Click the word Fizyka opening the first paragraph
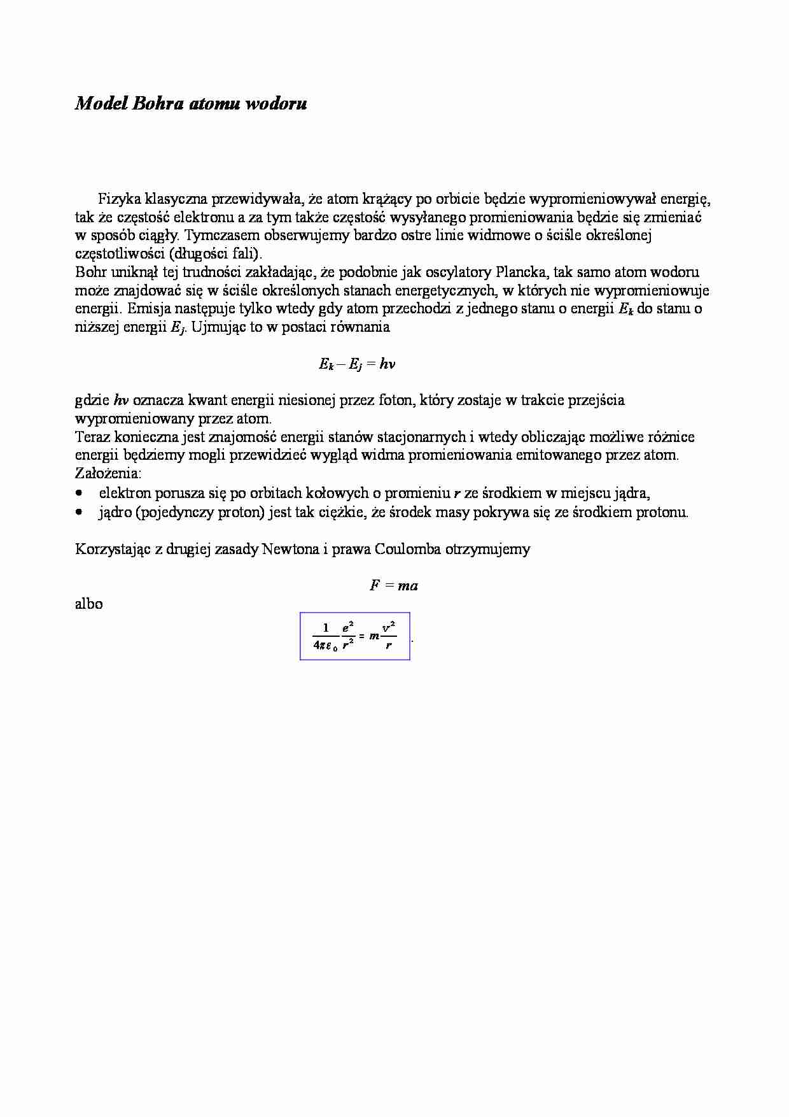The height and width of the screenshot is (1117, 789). (119, 199)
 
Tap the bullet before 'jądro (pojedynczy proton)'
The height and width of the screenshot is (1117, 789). (79, 512)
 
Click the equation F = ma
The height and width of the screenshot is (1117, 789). (394, 586)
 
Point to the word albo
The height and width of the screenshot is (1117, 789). (89, 604)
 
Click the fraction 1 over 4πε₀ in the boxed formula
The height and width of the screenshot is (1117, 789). (326, 636)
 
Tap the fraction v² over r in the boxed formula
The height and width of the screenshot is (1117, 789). (389, 636)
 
